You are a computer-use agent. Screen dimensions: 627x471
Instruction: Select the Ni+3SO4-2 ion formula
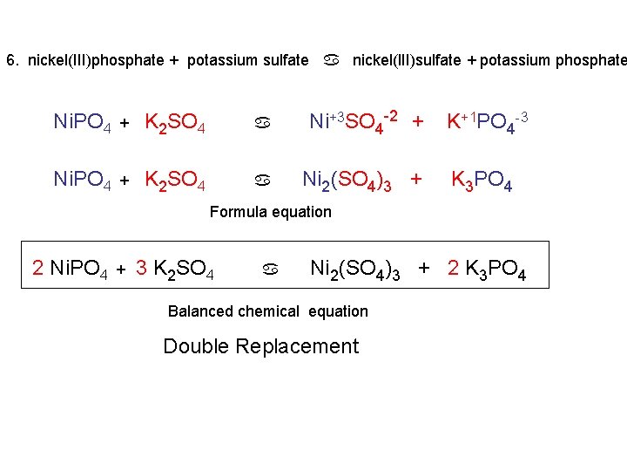(356, 121)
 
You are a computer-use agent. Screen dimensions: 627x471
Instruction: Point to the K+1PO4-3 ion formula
(487, 121)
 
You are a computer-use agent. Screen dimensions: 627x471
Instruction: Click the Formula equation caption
(270, 211)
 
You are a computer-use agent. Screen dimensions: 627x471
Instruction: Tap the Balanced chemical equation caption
(267, 311)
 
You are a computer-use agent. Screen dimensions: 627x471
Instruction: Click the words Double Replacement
(260, 346)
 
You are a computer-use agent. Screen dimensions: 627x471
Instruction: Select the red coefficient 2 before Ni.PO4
(37, 268)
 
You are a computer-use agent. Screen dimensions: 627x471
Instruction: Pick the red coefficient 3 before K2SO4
(141, 268)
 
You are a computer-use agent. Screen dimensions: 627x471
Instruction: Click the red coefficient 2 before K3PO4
(453, 268)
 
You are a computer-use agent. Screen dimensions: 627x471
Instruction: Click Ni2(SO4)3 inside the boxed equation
(355, 270)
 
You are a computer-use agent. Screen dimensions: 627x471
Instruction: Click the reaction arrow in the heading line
(331, 60)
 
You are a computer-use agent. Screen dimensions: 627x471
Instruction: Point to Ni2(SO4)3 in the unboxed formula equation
(347, 181)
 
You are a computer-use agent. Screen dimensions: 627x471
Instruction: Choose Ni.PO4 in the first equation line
(82, 122)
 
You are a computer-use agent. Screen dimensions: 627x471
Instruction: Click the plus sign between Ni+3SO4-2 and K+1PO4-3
(418, 121)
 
